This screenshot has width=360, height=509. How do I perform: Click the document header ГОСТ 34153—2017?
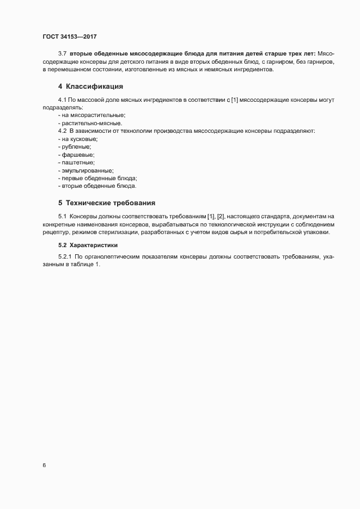pyautogui.click(x=70, y=37)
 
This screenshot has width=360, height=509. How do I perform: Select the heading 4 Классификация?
pyautogui.click(x=90, y=87)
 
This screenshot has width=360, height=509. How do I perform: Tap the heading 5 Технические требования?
pyautogui.click(x=107, y=203)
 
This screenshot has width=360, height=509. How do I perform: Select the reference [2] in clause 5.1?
pyautogui.click(x=221, y=217)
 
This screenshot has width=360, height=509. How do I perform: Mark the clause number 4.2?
pyautogui.click(x=62, y=131)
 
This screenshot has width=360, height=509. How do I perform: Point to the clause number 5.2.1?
pyautogui.click(x=64, y=257)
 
